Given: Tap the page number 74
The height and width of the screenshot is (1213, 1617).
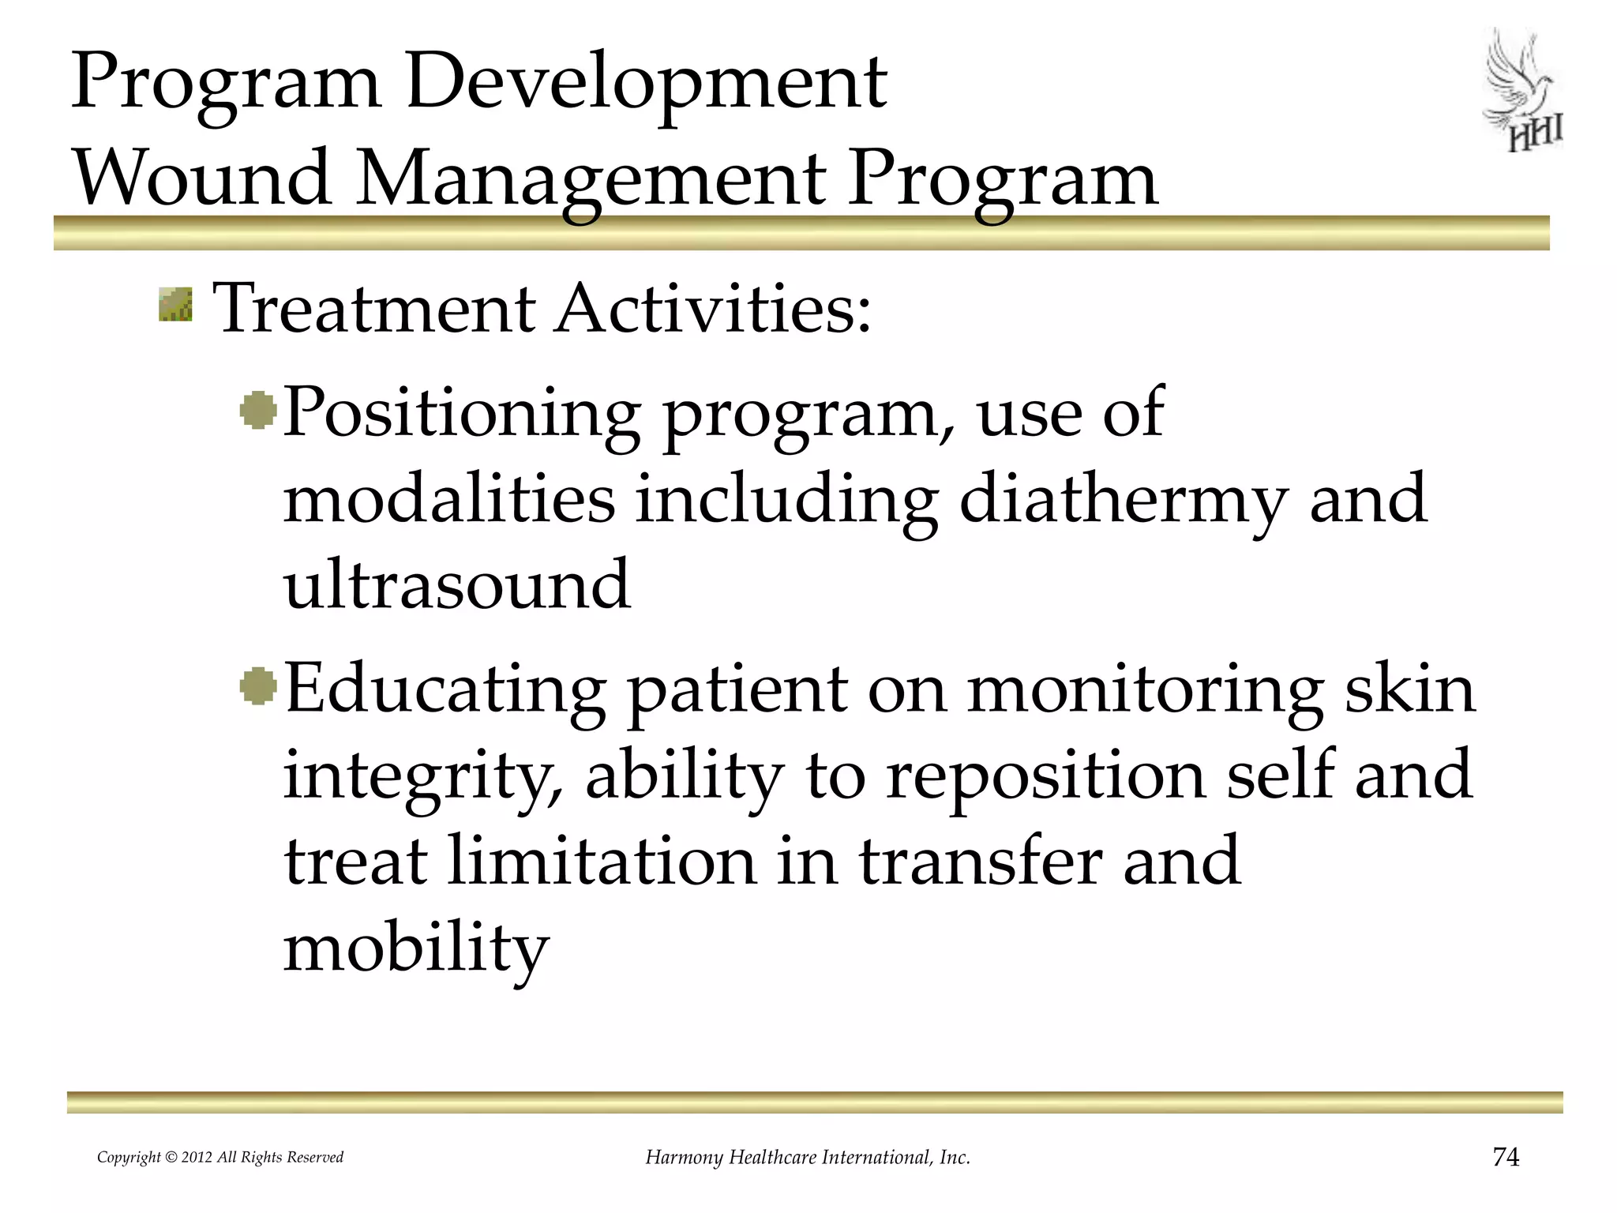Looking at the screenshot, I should click(x=1506, y=1157).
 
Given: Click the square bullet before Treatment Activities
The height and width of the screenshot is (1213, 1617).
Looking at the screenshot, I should click(x=175, y=305).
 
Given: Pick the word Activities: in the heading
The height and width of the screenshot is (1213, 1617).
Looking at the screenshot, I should click(x=713, y=308).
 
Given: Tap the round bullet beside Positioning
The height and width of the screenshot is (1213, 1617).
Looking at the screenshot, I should click(x=258, y=411).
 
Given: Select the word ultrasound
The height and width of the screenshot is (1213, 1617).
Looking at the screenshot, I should click(x=457, y=585).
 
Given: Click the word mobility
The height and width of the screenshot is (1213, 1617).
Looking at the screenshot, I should click(x=415, y=948).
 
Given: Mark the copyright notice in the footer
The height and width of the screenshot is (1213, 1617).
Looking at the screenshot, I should click(x=220, y=1158).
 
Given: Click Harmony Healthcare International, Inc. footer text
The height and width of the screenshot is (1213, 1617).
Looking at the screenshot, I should click(x=808, y=1158).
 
